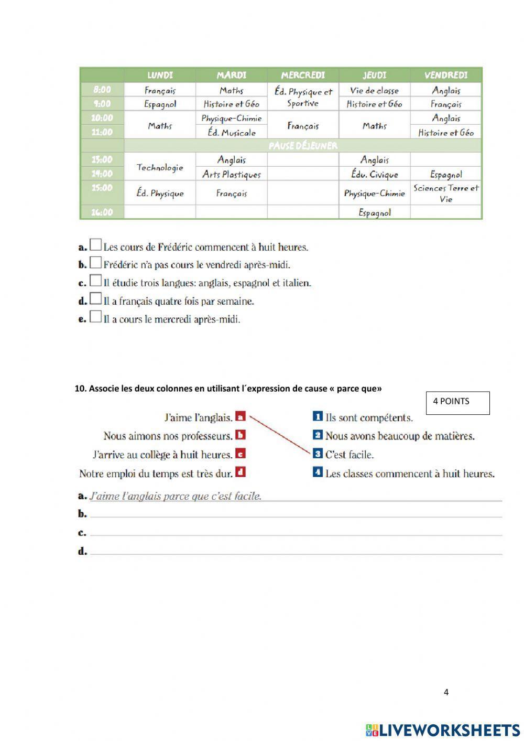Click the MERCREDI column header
[x=303, y=75]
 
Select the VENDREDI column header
[x=446, y=75]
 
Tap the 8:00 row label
[x=102, y=90]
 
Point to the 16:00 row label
[x=102, y=212]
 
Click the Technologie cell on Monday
[x=160, y=167]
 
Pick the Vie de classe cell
[x=374, y=90]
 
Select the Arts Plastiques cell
[x=231, y=174]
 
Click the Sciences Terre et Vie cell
[x=446, y=193]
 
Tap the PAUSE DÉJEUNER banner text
[x=303, y=145]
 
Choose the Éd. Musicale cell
[x=231, y=133]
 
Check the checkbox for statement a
[x=95, y=245]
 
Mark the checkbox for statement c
[x=95, y=281]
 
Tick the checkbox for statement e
[x=95, y=317]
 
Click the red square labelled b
[x=241, y=435]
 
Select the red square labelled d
[x=241, y=472]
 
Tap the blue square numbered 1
[x=317, y=416]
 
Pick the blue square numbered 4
[x=317, y=472]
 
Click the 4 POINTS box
[x=457, y=403]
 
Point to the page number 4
[x=446, y=692]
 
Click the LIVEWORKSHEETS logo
[x=442, y=730]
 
